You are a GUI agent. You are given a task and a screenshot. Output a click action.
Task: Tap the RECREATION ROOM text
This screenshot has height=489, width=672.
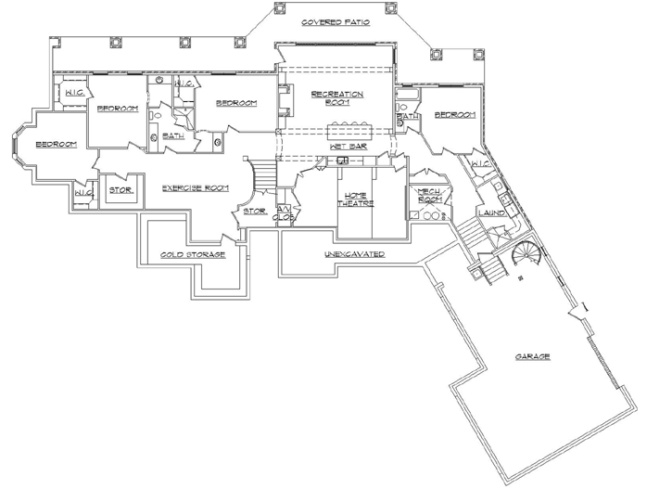(336, 99)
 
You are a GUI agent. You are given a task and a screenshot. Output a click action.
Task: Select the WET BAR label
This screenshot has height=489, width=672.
(348, 147)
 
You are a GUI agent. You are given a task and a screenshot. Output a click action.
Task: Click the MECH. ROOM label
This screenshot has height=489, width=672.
(428, 196)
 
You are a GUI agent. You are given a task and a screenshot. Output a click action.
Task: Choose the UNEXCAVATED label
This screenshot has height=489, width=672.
(354, 253)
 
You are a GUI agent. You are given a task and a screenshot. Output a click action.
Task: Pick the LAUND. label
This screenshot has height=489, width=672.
(491, 212)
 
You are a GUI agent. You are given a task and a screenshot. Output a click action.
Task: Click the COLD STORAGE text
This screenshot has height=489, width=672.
(193, 253)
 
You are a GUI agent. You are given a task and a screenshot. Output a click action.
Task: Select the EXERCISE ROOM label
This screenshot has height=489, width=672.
(196, 188)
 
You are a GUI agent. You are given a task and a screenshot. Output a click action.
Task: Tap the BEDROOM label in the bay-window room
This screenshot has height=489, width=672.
(56, 145)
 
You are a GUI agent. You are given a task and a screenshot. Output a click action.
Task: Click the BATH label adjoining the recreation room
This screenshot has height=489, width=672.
(408, 117)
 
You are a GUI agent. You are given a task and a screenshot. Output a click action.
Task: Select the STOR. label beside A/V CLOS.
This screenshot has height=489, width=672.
(254, 211)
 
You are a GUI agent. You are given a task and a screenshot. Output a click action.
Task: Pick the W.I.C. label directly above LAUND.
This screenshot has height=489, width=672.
(479, 164)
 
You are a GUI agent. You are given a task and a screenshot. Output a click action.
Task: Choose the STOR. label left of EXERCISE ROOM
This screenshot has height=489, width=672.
(120, 190)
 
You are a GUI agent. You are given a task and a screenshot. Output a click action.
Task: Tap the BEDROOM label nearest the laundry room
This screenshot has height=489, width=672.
(454, 115)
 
